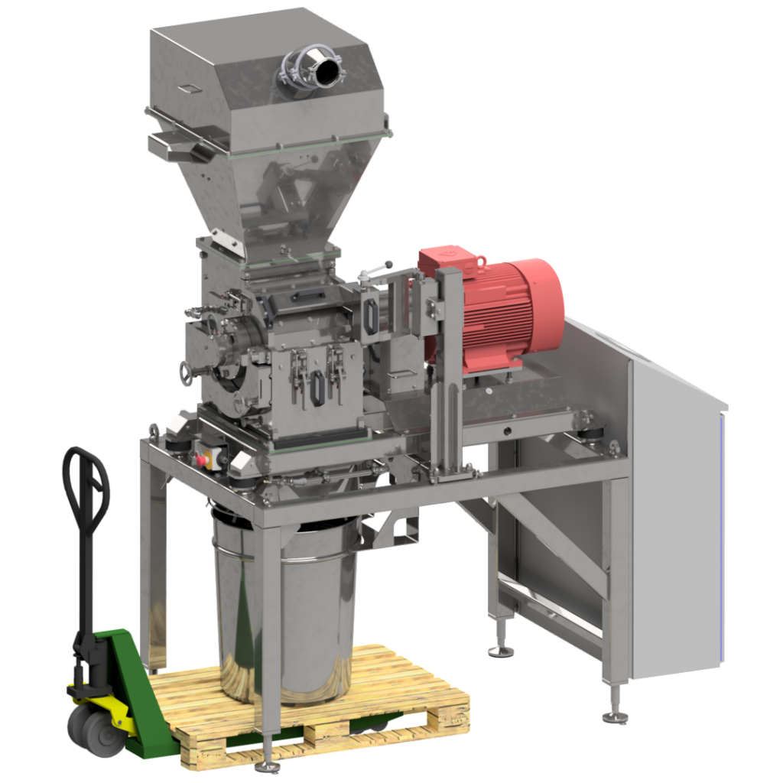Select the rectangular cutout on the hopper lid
coord(189,89)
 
